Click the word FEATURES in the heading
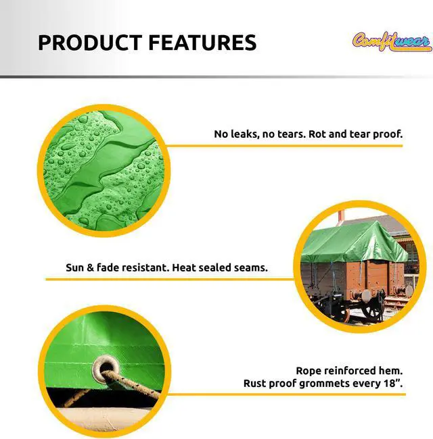point(202,43)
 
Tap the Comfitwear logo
point(392,41)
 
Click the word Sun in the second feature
point(75,267)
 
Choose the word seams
point(250,267)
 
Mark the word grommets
point(331,384)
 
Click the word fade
point(111,267)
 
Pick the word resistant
point(147,267)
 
